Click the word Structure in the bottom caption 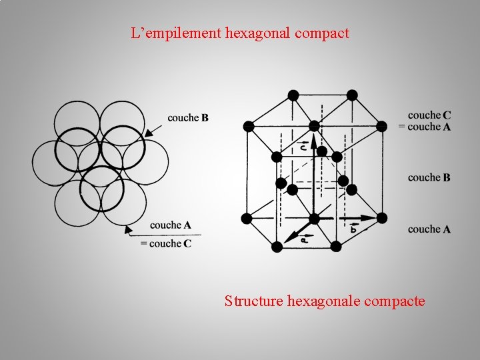(x=254, y=301)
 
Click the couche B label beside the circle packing (x=188, y=118)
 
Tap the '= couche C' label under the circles (x=166, y=244)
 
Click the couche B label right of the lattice (x=429, y=177)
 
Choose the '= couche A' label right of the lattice (x=425, y=127)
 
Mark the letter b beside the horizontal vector (x=353, y=228)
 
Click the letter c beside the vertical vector (x=303, y=145)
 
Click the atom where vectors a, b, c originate (x=314, y=219)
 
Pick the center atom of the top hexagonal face (x=314, y=125)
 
